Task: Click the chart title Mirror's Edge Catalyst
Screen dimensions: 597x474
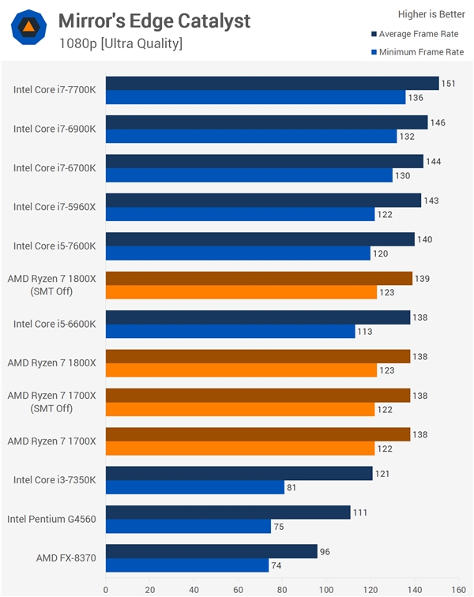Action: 154,20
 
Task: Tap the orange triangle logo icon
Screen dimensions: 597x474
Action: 28,28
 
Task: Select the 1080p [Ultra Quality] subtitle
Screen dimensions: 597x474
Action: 120,43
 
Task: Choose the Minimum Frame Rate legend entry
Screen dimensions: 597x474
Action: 418,52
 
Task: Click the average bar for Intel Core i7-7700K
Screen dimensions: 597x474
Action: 272,83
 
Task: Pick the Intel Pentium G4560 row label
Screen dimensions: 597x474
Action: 51,519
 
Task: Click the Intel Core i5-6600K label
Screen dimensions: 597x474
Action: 55,324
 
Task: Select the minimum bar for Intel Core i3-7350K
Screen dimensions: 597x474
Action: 194,487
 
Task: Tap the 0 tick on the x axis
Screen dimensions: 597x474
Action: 106,588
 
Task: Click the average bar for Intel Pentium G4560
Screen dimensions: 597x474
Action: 228,512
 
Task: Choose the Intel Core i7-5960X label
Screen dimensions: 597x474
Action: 55,207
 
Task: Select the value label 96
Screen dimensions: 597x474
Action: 327,551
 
